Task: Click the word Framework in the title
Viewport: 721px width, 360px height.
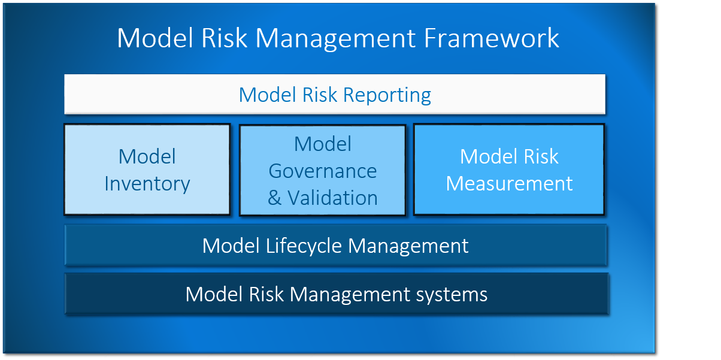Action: point(491,38)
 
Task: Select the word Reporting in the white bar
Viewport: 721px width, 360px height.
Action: point(387,95)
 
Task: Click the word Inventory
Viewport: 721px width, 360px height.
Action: point(147,184)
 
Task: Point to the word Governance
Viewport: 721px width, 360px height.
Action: point(323,171)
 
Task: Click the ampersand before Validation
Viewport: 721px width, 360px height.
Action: point(274,198)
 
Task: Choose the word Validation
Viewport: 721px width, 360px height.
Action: point(332,198)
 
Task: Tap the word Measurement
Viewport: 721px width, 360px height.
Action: point(509,183)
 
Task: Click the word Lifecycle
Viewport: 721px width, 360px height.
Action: point(304,246)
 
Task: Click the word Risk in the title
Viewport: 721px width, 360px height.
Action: point(224,38)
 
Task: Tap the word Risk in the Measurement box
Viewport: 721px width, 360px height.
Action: point(541,156)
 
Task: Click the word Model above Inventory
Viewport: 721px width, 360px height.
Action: point(147,156)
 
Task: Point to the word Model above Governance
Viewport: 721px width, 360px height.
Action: point(323,144)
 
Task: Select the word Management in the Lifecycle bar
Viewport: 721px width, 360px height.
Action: point(408,246)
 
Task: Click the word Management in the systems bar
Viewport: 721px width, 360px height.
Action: point(350,295)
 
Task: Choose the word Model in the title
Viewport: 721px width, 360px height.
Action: point(155,38)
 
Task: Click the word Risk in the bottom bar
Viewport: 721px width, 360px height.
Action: point(266,294)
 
